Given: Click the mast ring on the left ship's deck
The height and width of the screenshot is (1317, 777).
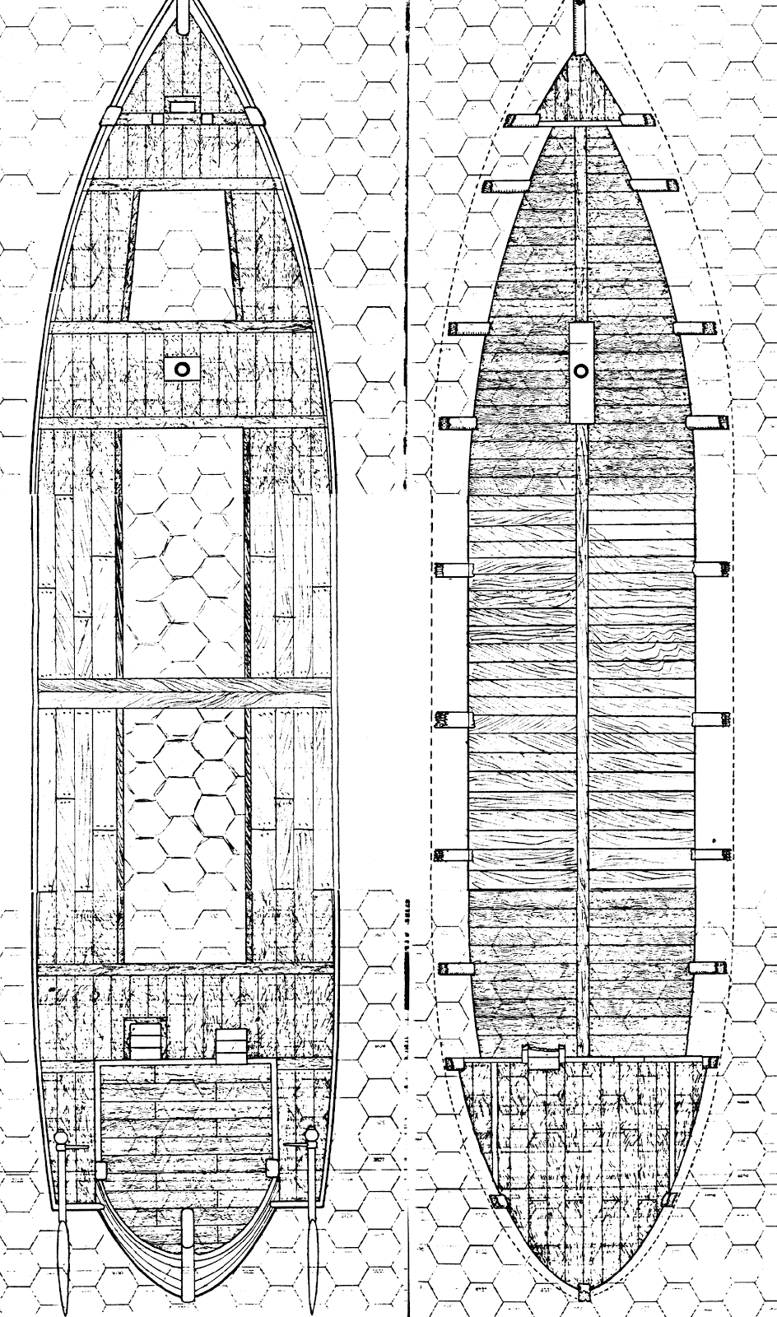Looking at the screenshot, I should pos(183,369).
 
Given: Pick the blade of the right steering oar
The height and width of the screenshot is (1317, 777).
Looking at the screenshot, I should pos(313,1268).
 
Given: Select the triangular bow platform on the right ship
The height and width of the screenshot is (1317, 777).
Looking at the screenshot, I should pos(583,91).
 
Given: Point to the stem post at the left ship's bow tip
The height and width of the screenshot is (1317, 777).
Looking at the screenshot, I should pos(183,10).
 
